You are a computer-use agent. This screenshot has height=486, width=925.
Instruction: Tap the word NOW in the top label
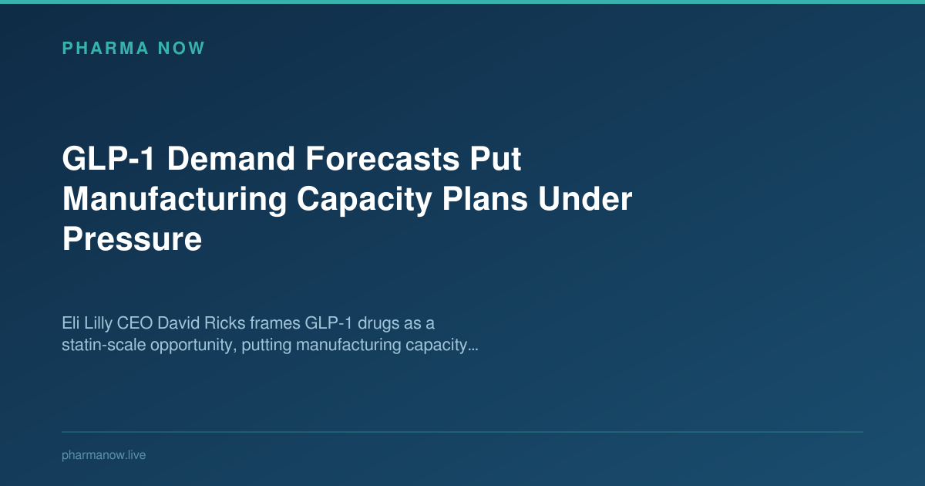point(181,48)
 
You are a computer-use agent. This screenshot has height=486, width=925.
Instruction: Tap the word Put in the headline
point(496,160)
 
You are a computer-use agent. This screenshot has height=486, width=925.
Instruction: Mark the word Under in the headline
point(586,200)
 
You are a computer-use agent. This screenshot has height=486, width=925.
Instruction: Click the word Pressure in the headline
point(132,240)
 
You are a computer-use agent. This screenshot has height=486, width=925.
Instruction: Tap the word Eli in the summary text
point(71,322)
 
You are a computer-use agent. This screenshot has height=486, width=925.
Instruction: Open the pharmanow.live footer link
point(103,455)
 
